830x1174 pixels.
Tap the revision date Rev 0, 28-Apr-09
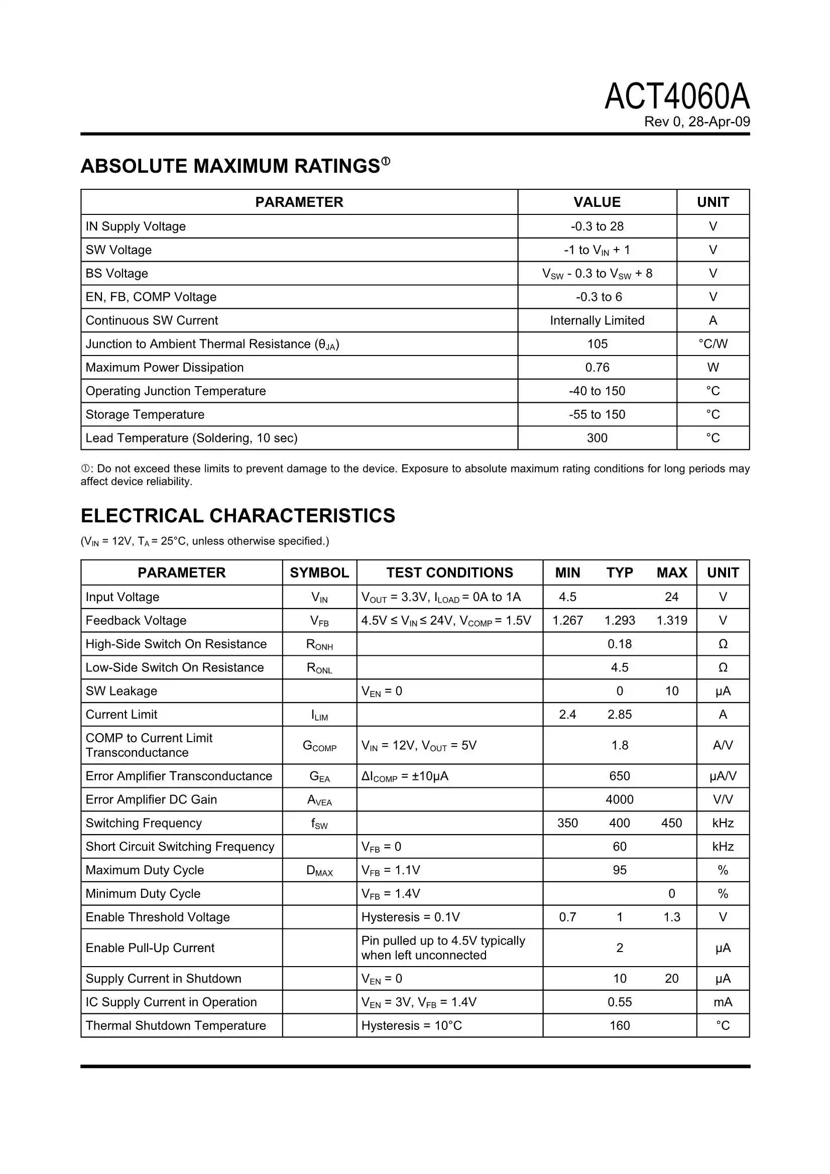point(696,122)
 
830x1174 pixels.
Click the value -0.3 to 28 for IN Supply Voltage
point(597,226)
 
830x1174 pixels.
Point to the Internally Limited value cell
point(597,320)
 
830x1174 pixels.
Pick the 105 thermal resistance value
point(597,343)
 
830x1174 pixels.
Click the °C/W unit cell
point(713,343)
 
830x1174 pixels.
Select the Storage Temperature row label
point(145,414)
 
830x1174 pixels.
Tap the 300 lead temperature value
point(597,438)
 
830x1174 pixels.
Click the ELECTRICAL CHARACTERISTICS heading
point(238,515)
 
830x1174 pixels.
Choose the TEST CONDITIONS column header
point(449,572)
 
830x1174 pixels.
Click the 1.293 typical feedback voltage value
point(619,620)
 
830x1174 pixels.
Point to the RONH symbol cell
point(319,644)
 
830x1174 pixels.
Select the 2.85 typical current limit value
point(619,715)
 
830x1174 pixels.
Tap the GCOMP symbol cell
point(319,746)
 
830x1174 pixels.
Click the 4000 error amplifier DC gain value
point(619,799)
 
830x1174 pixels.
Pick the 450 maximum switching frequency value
point(671,823)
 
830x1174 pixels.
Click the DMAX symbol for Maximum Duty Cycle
point(319,870)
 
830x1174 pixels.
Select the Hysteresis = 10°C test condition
point(411,1025)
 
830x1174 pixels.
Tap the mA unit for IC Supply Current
point(722,1002)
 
